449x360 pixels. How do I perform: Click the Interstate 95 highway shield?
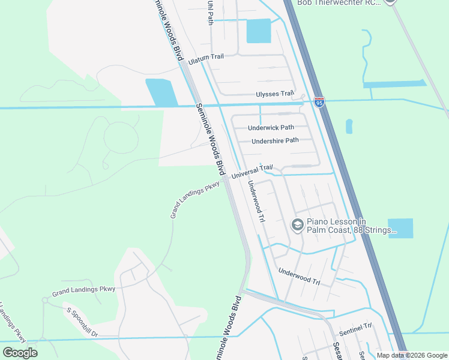click(319, 103)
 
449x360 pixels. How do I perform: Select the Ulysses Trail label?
click(275, 94)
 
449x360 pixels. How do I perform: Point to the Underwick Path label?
click(271, 127)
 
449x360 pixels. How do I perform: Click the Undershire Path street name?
click(275, 141)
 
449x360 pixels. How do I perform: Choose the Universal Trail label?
click(252, 172)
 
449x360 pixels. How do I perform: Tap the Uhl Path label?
click(210, 12)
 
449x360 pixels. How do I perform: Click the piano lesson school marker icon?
click(297, 225)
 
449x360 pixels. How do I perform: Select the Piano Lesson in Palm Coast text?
click(351, 226)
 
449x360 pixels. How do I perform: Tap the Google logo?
click(20, 352)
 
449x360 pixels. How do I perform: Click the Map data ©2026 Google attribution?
click(412, 355)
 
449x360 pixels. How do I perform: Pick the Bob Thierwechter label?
click(340, 3)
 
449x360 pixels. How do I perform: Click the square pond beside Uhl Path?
click(259, 31)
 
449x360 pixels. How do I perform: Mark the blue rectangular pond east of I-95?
click(400, 228)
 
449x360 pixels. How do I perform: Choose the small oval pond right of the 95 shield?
click(349, 126)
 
